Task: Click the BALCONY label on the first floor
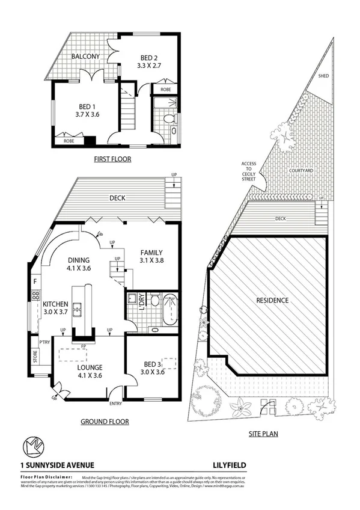(x=85, y=57)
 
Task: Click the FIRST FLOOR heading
(x=112, y=159)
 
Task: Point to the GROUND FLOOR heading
(x=105, y=422)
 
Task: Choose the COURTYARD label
(x=301, y=171)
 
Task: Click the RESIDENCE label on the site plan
(x=272, y=300)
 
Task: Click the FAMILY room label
(x=152, y=252)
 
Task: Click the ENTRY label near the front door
(x=115, y=404)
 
